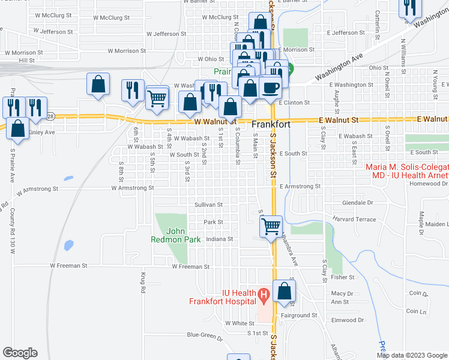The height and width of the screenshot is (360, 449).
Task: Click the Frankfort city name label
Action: coord(271,125)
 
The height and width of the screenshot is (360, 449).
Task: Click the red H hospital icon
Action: coord(263,295)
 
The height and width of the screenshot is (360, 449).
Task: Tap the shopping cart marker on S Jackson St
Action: coord(271,226)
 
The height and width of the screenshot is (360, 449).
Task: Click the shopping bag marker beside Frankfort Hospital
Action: coord(285,292)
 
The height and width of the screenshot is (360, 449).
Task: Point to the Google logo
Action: coord(20,353)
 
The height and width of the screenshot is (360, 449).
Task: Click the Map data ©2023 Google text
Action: coord(412,355)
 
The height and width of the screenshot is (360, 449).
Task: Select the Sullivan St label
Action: coord(208,205)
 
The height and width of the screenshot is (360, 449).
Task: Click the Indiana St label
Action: coord(219,239)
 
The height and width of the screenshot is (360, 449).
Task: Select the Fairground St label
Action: coord(298,315)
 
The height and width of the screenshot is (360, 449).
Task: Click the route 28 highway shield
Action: coord(50,116)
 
